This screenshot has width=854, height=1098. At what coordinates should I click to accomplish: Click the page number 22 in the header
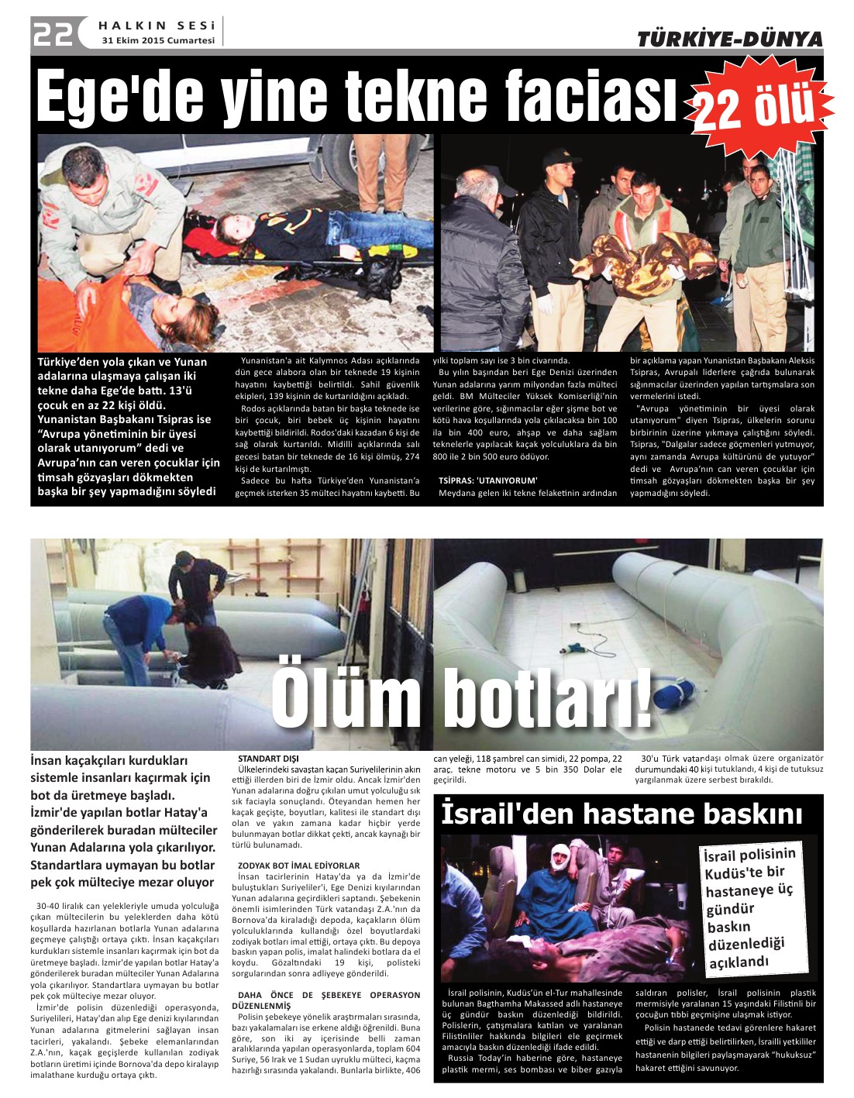pyautogui.click(x=53, y=33)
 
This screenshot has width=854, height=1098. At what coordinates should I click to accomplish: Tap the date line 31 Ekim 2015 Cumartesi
pyautogui.click(x=158, y=40)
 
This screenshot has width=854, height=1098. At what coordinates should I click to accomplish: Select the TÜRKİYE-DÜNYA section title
pyautogui.click(x=729, y=39)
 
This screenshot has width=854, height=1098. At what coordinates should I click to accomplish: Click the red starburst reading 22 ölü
pyautogui.click(x=756, y=106)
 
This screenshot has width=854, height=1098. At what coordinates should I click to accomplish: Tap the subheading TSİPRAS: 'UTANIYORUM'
pyautogui.click(x=488, y=480)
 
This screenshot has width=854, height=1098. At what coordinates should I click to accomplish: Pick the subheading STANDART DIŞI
pyautogui.click(x=268, y=759)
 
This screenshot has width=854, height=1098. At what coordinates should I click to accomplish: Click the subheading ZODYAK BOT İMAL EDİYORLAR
pyautogui.click(x=298, y=866)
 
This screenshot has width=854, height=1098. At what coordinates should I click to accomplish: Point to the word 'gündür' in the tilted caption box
pyautogui.click(x=730, y=909)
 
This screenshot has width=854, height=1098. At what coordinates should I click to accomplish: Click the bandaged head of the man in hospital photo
pyautogui.click(x=560, y=859)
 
